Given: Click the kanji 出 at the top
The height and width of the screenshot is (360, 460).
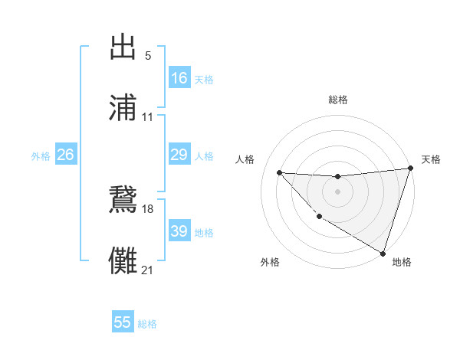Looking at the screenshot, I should tap(123, 47).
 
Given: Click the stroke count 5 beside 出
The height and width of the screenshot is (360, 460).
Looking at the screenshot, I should tap(148, 56).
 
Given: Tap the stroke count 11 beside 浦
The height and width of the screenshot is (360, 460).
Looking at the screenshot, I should tap(148, 118).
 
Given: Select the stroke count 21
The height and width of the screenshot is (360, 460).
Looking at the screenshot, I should tap(148, 270).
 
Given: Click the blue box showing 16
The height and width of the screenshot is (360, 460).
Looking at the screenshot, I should tap(179, 78).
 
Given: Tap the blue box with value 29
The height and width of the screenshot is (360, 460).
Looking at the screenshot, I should tap(179, 155).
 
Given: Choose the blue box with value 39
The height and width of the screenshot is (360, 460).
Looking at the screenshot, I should tap(179, 231).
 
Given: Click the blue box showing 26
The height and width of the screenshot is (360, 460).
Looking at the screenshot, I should tap(65, 155).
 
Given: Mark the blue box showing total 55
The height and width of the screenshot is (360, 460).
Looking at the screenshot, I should tap(123, 322).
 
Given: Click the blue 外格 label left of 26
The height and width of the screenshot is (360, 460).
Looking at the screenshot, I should tap(41, 156).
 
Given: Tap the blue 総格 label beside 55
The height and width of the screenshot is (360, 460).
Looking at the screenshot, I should tap(147, 324).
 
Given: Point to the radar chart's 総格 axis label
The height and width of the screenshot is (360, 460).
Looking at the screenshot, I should tap(338, 100).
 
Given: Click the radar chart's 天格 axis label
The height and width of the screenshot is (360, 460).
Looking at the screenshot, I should tap(431, 159).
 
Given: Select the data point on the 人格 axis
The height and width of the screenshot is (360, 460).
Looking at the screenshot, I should tap(279, 172).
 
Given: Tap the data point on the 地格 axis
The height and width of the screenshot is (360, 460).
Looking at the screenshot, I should tap(383, 253).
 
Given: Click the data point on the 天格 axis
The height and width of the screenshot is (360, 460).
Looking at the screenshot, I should tap(410, 169).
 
